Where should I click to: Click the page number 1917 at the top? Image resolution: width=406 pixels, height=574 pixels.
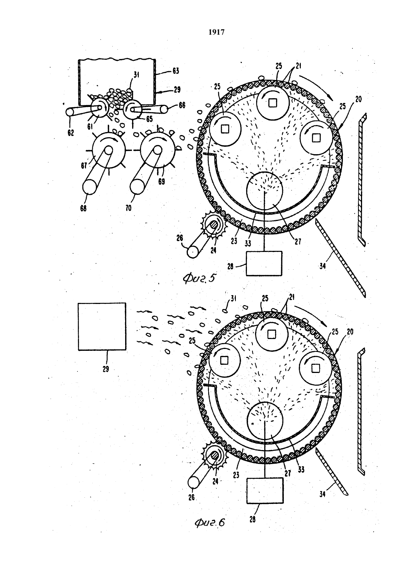click(217, 32)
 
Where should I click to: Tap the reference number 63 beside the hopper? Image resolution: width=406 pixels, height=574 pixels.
click(176, 71)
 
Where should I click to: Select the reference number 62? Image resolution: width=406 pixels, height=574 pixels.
click(71, 133)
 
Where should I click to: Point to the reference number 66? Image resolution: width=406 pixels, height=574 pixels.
click(182, 105)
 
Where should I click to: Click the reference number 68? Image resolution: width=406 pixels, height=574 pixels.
click(83, 208)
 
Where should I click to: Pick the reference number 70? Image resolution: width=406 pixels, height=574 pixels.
click(128, 208)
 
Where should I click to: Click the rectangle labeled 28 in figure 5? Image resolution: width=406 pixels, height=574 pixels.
click(264, 263)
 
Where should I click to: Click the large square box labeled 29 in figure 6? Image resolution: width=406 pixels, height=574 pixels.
click(102, 326)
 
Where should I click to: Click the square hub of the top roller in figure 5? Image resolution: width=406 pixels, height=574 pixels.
click(272, 103)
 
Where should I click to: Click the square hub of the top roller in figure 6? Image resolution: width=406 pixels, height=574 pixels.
click(271, 334)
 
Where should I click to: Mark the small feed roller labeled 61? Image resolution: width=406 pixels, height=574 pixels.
click(99, 108)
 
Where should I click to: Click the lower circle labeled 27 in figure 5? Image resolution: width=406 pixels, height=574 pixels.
click(265, 189)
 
